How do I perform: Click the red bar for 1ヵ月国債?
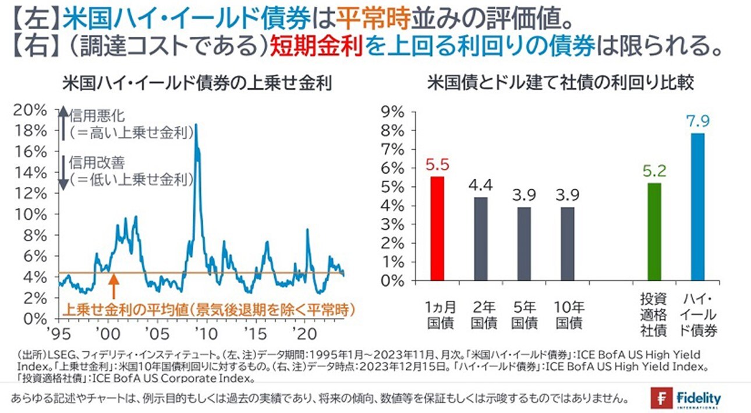tap(438, 228)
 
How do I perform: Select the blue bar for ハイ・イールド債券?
tap(698, 207)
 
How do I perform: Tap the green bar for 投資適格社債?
tap(655, 232)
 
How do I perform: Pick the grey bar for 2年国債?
tap(481, 239)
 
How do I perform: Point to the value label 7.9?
tap(698, 122)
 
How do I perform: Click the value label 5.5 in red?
tap(438, 165)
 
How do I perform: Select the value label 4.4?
tap(481, 185)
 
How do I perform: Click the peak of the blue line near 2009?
tap(196, 125)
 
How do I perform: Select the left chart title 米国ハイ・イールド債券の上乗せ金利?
tap(197, 83)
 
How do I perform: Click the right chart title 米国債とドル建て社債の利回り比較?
tap(561, 83)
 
